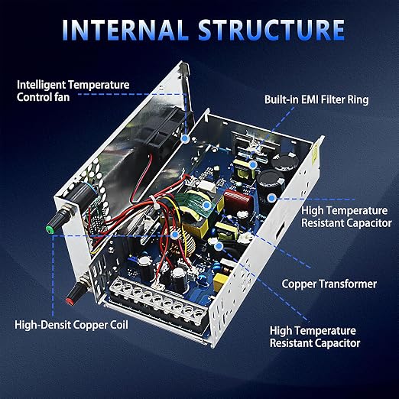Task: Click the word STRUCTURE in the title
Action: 271,30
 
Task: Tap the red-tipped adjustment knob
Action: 78,291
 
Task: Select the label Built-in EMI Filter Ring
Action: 316,99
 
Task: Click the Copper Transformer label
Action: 329,284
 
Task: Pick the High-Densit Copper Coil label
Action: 71,325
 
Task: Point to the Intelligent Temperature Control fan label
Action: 73,91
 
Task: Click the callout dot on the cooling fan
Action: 185,139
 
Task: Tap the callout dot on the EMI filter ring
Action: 252,165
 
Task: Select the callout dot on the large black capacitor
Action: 272,198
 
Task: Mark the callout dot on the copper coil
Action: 174,235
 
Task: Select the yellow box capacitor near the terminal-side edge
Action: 220,282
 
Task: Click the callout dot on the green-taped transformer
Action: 207,205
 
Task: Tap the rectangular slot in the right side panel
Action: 281,229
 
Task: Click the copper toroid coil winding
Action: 184,245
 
